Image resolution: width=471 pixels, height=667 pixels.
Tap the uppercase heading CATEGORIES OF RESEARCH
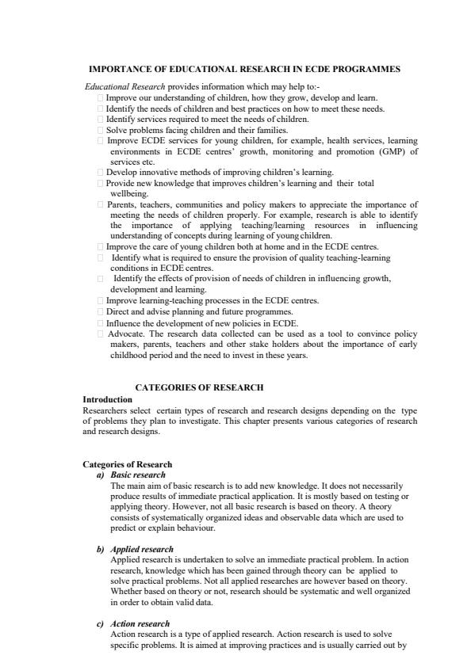[200, 387]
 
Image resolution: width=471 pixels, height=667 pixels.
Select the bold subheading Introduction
[107, 399]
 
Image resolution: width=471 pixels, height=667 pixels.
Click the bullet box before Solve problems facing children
[101, 130]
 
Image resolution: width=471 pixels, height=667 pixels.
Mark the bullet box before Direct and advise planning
[101, 312]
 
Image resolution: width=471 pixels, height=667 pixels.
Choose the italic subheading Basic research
[138, 475]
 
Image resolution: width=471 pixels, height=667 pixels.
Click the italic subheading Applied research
[142, 549]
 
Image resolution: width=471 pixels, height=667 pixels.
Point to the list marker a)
[100, 475]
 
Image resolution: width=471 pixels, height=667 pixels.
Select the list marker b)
[100, 549]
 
